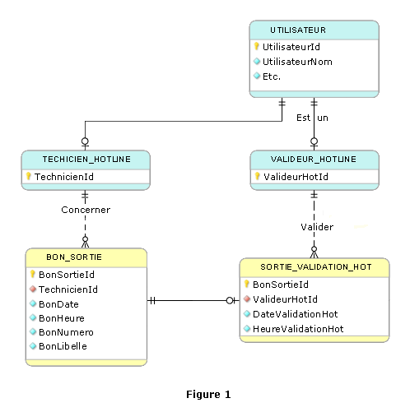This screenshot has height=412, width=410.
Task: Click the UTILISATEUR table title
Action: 298,30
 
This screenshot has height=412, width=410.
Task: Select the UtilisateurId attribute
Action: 291,47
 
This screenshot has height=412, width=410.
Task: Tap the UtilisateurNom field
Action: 297,62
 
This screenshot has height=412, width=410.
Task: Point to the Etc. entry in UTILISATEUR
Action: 272,76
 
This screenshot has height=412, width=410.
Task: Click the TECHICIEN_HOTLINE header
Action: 86,160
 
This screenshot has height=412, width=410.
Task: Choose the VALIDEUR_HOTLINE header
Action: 314,160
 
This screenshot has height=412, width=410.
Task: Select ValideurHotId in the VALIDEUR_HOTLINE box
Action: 296,177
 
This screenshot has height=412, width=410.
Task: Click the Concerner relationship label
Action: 86,210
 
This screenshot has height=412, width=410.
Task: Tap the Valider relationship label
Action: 317,227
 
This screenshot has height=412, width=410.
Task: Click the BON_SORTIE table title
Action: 74,257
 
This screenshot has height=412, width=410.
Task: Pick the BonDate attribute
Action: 58,304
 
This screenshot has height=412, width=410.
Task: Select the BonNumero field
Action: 66,332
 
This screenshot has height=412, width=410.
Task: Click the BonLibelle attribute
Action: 63,346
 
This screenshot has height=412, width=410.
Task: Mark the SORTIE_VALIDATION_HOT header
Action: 316,267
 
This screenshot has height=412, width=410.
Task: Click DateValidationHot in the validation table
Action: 296,314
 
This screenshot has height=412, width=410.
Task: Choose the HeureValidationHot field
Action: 298,329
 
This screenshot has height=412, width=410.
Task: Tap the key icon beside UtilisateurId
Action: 256,46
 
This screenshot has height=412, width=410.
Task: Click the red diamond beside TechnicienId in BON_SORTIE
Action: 33,289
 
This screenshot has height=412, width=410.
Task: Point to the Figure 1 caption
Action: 208,395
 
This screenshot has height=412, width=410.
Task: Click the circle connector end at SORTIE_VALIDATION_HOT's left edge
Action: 230,301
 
